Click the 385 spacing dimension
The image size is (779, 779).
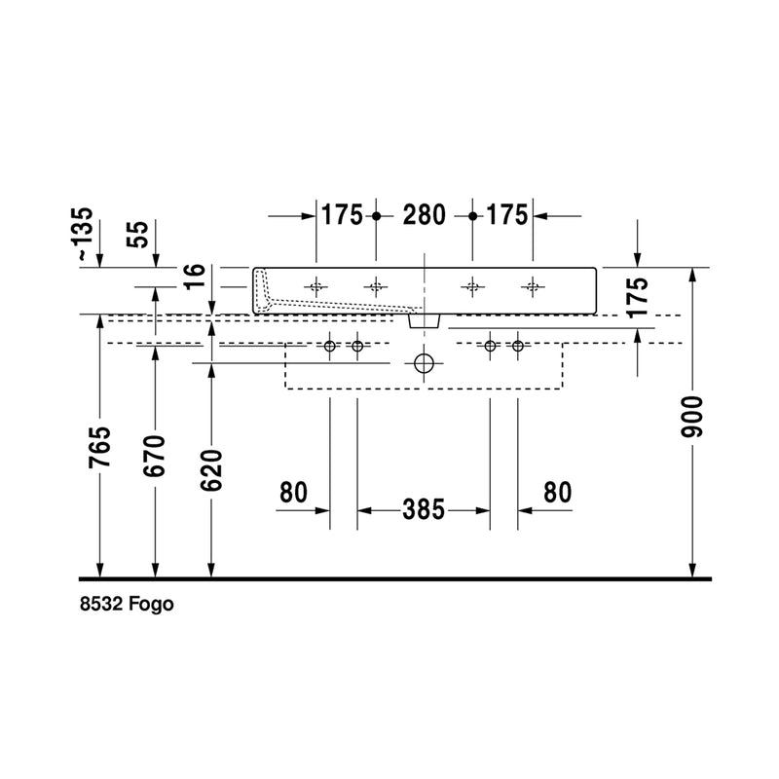click(424, 508)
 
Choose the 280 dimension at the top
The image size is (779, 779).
click(424, 215)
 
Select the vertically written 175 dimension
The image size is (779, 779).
click(637, 298)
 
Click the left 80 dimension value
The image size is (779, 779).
click(293, 494)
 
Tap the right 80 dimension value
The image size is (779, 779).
click(557, 494)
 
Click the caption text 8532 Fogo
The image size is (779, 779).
click(127, 605)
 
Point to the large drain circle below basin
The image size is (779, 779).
click(424, 364)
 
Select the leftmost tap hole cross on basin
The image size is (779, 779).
click(315, 286)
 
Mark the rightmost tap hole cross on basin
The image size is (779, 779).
click(532, 286)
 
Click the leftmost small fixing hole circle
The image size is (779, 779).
click(330, 347)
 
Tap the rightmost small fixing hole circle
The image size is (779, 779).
click(517, 347)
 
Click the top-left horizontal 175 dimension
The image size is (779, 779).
click(342, 215)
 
